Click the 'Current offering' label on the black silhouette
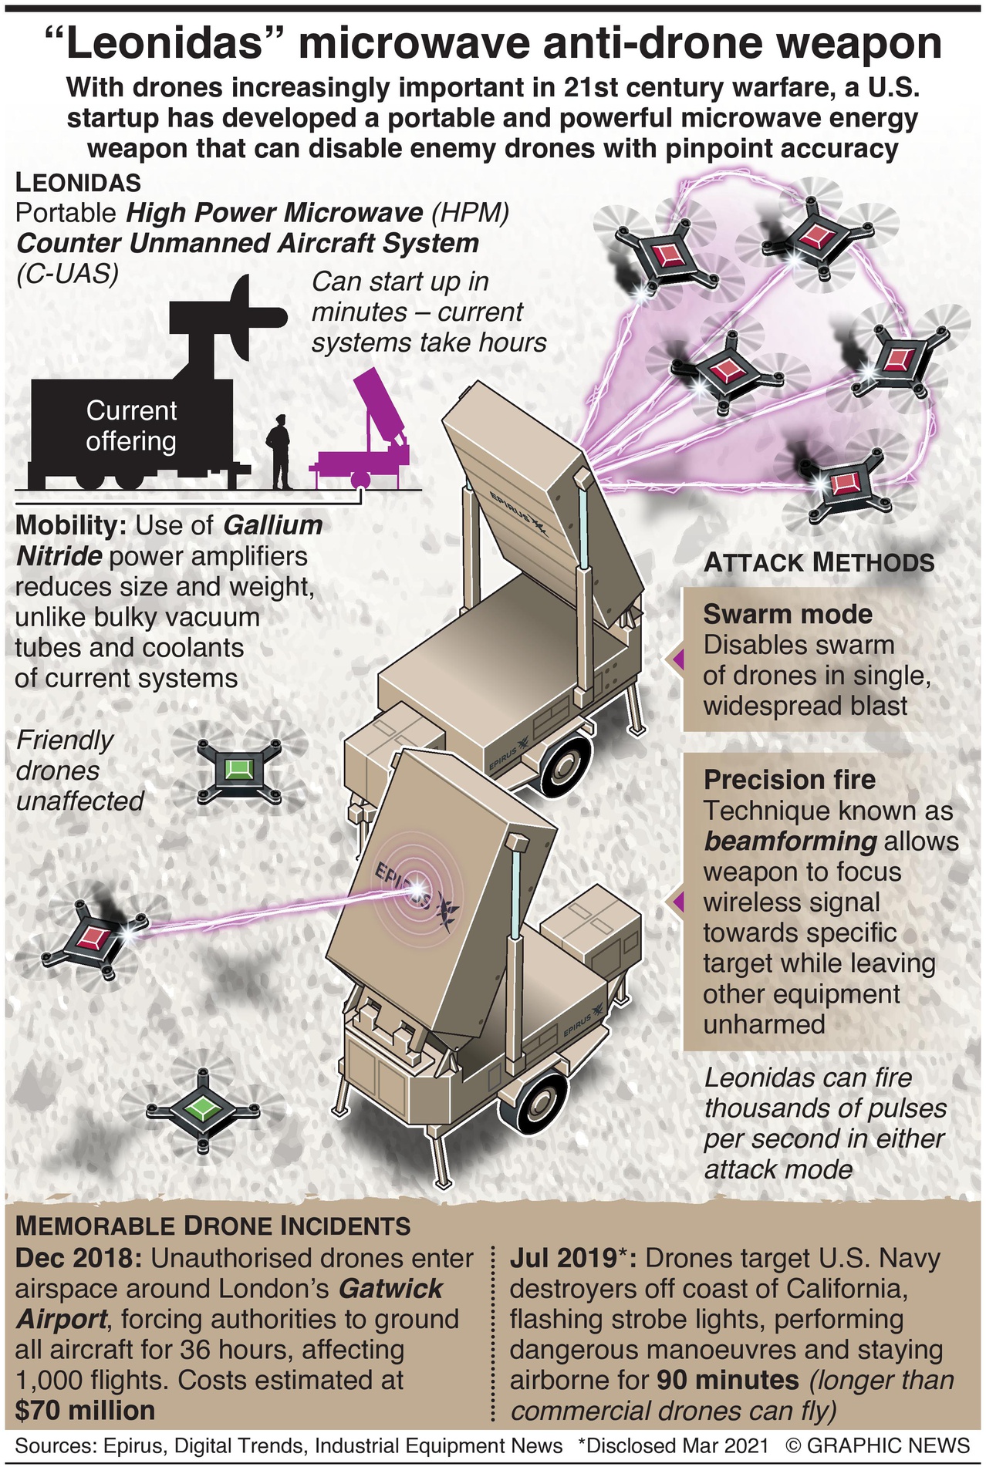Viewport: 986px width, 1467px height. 131,425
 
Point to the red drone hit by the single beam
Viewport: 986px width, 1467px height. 96,938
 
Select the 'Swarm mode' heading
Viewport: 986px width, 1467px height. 788,614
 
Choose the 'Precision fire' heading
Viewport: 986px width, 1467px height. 789,779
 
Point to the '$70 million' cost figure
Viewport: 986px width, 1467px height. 86,1411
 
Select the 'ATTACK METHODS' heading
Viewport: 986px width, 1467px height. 819,562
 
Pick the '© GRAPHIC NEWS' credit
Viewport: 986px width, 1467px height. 877,1445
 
